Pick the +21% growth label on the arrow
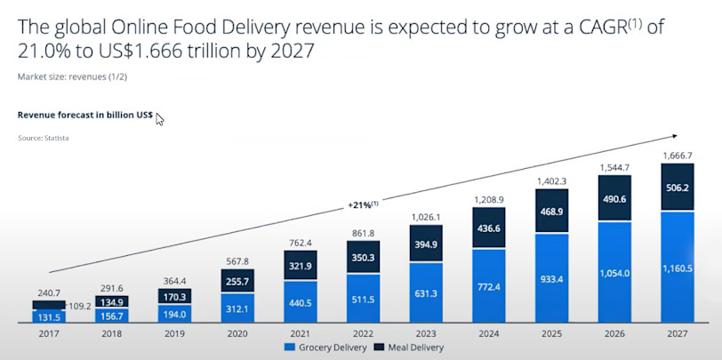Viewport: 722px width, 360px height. (363, 204)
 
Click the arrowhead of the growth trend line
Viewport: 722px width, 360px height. (675, 136)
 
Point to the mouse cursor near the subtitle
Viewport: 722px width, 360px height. (160, 118)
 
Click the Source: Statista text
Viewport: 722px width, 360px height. (44, 139)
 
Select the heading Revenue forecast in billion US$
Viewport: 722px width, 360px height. (85, 115)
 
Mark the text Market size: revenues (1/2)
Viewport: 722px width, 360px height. (73, 76)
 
